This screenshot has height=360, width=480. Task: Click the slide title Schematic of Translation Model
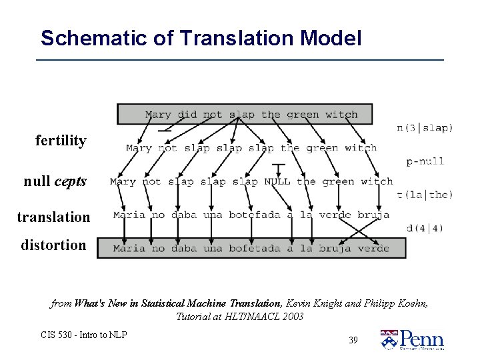pos(201,38)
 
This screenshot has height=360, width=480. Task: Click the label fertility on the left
pos(61,141)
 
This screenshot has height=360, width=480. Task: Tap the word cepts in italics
pos(71,181)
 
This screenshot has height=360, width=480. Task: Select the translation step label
pos(54,217)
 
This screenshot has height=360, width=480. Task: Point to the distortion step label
pos(53,245)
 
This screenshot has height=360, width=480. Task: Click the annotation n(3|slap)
pos(425,127)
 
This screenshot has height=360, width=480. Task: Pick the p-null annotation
pos(425,161)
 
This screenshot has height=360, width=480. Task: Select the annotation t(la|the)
pos(425,195)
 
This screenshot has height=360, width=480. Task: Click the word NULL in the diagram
pos(277,181)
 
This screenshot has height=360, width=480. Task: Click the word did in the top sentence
pos(187,115)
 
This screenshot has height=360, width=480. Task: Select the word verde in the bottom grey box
pos(373,249)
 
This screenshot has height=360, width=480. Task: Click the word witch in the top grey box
pos(341,115)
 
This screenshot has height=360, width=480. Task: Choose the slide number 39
pos(353,340)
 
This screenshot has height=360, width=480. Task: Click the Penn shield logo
pos(388,339)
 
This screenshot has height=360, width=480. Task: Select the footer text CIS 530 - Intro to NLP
pos(84,335)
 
